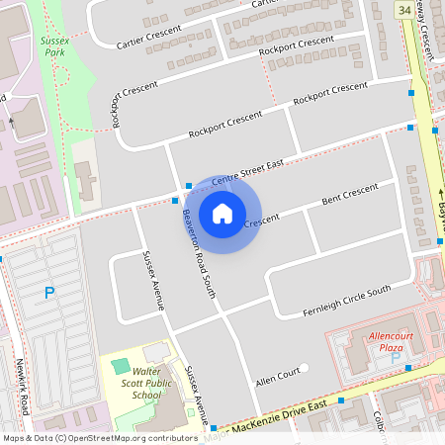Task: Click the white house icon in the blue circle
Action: [222, 213]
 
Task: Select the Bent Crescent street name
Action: [350, 194]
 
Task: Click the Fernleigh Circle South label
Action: [346, 302]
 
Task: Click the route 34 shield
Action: [403, 9]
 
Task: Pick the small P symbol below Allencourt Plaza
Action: [397, 356]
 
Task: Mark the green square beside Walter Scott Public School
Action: [121, 367]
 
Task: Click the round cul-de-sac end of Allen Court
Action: [305, 369]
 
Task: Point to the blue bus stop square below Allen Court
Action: [340, 400]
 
